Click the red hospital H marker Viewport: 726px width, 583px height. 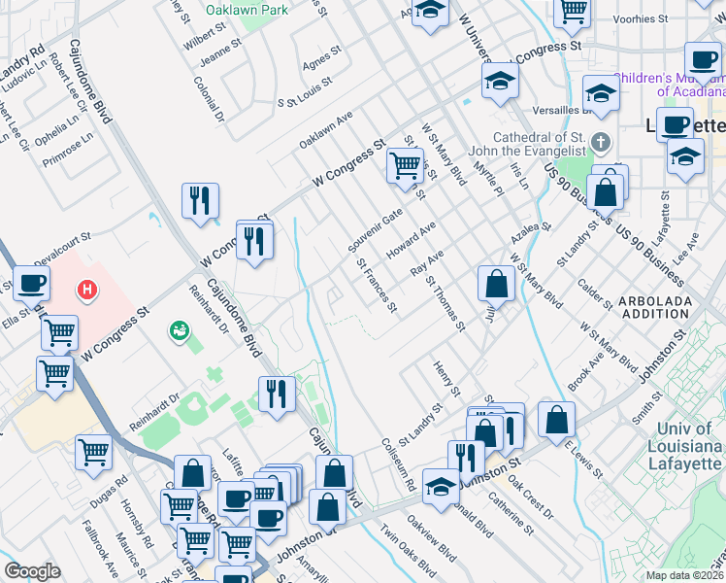(x=88, y=289)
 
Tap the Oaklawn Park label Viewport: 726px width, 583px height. (x=247, y=10)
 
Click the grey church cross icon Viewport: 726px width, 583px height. (x=601, y=143)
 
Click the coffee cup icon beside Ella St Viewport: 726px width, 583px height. (x=30, y=284)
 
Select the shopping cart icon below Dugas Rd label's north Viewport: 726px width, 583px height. (x=94, y=450)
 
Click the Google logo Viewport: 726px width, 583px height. (x=32, y=571)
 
